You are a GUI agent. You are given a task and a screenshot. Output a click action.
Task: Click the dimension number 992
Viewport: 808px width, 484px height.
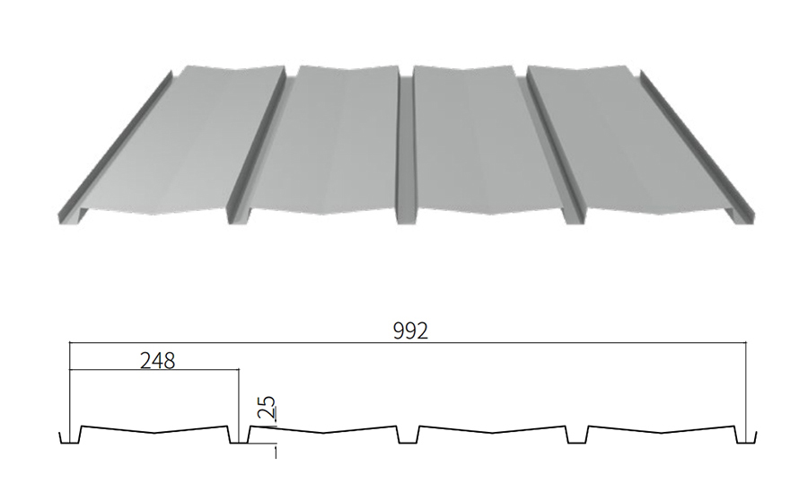410,331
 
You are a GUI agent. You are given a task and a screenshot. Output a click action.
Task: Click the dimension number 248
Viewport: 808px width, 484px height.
157,361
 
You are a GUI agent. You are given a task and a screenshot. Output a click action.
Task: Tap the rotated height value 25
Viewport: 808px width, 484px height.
267,407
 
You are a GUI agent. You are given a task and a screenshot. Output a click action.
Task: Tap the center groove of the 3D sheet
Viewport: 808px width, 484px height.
406,149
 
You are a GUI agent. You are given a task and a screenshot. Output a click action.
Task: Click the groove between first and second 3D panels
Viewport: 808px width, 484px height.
258,149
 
